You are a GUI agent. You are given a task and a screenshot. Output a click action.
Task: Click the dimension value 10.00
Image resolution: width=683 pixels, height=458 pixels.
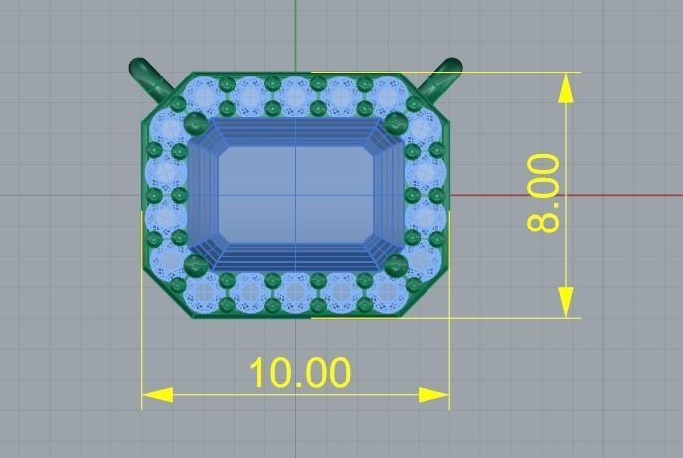pyautogui.click(x=298, y=374)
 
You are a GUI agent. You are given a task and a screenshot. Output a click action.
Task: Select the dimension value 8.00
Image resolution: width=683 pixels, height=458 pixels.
pyautogui.click(x=545, y=193)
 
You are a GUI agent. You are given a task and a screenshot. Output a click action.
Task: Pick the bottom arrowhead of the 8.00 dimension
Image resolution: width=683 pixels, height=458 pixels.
pyautogui.click(x=566, y=302)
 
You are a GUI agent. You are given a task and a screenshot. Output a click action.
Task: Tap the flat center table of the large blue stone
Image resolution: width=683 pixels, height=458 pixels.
pyautogui.click(x=295, y=195)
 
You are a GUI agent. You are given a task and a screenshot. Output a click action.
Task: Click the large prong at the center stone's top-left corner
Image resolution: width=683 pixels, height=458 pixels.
pyautogui.click(x=196, y=124)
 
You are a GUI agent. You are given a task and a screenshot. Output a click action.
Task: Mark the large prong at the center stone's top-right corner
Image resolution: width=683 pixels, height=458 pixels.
pyautogui.click(x=396, y=124)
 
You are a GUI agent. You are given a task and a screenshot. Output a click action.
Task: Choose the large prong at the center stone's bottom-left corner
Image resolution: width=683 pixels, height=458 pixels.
pyautogui.click(x=196, y=264)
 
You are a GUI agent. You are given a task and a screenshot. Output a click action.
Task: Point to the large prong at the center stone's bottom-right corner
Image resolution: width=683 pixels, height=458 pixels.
pyautogui.click(x=396, y=264)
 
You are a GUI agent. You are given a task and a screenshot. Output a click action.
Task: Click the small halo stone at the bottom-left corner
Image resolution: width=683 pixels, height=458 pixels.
pyautogui.click(x=207, y=294)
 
